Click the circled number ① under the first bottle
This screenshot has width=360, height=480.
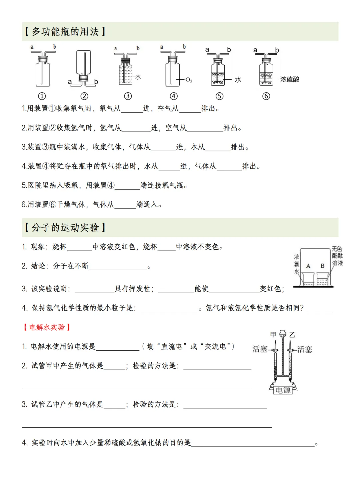(x=42, y=96)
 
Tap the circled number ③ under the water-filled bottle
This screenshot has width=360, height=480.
(x=128, y=96)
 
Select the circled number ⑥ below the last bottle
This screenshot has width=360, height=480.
(x=266, y=96)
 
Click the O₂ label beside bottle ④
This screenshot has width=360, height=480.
(x=189, y=80)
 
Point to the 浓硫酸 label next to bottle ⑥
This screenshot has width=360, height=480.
(x=289, y=79)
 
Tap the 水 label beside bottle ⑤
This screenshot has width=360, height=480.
(x=238, y=80)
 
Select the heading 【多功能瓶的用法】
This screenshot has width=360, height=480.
(x=65, y=32)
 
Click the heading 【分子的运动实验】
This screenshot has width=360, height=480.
(x=65, y=228)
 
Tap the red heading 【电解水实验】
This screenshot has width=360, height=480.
(x=47, y=327)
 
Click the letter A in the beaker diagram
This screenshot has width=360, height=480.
(x=308, y=266)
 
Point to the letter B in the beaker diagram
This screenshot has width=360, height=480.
(x=322, y=266)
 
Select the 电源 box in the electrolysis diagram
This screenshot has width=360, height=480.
(x=283, y=390)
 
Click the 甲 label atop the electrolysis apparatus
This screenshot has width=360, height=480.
(x=273, y=334)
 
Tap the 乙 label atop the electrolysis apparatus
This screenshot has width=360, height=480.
(x=292, y=334)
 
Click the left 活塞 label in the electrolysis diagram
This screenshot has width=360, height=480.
(x=260, y=349)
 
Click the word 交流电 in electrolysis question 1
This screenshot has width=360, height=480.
(x=215, y=347)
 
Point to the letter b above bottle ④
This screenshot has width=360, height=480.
(x=184, y=47)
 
